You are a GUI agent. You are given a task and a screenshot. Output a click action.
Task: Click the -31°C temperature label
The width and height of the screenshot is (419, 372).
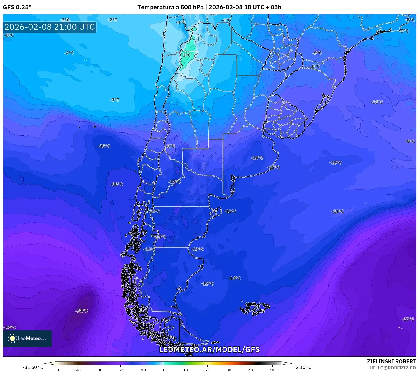tap(82, 311)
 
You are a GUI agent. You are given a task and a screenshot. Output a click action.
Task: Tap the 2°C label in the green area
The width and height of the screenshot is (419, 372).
tap(187, 55)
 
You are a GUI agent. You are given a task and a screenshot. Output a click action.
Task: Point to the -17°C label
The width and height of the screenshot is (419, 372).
tap(174, 182)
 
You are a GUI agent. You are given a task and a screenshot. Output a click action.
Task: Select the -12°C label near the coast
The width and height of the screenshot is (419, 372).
tap(273, 167)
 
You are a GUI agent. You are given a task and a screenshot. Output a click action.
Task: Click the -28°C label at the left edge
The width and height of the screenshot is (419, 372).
tap(9, 328)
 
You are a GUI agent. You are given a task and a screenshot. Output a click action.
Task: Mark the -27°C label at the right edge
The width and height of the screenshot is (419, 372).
tap(408, 319)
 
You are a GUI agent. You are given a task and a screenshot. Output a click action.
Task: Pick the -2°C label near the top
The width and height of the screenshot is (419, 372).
tap(112, 20)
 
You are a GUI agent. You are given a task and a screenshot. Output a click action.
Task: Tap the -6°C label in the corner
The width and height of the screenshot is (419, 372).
tap(410, 20)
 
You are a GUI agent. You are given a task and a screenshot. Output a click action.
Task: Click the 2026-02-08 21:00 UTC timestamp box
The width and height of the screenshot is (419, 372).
tap(50, 27)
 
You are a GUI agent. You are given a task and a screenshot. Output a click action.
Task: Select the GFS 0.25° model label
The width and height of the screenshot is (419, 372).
tap(17, 7)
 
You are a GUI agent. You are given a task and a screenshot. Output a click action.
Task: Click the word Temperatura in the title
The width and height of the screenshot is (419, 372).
tap(156, 7)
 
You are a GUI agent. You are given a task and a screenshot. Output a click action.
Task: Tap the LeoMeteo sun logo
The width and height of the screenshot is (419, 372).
tap(12, 338)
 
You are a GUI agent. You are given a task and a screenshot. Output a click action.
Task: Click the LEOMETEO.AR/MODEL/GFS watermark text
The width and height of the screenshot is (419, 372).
tap(209, 349)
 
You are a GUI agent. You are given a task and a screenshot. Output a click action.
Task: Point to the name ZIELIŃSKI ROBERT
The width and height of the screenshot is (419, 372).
tap(391, 362)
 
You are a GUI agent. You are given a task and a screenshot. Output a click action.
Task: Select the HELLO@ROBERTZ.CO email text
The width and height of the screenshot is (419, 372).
tap(393, 368)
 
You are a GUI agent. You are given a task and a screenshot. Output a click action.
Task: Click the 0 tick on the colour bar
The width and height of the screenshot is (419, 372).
tap(164, 370)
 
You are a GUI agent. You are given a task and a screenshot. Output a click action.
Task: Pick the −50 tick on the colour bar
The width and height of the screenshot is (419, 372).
tap(56, 370)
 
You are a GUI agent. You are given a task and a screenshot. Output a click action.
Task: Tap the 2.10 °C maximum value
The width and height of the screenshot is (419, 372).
tap(303, 367)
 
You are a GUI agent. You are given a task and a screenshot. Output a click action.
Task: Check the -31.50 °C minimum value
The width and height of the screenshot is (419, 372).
tap(33, 367)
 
